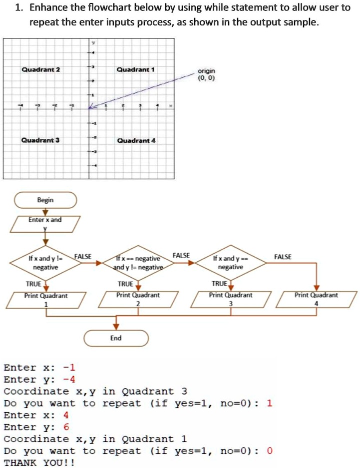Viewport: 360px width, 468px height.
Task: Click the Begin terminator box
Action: click(x=45, y=200)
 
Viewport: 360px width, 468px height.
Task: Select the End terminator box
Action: click(x=116, y=338)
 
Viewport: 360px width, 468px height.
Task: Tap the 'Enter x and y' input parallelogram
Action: click(x=45, y=224)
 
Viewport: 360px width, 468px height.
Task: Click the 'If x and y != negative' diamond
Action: click(x=45, y=263)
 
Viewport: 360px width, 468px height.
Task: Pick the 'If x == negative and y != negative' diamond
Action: click(x=138, y=263)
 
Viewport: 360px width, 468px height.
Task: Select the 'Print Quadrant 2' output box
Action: click(x=138, y=299)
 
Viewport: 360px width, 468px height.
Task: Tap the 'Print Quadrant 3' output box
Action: click(x=231, y=299)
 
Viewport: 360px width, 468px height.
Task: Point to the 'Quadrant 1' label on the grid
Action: click(x=136, y=69)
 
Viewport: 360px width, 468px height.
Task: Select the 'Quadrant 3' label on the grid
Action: click(x=40, y=140)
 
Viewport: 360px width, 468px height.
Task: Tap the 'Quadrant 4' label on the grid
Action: click(x=136, y=141)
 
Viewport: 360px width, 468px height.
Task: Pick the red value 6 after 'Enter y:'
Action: click(x=66, y=427)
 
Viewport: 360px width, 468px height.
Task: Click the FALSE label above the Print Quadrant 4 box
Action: click(x=283, y=257)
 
